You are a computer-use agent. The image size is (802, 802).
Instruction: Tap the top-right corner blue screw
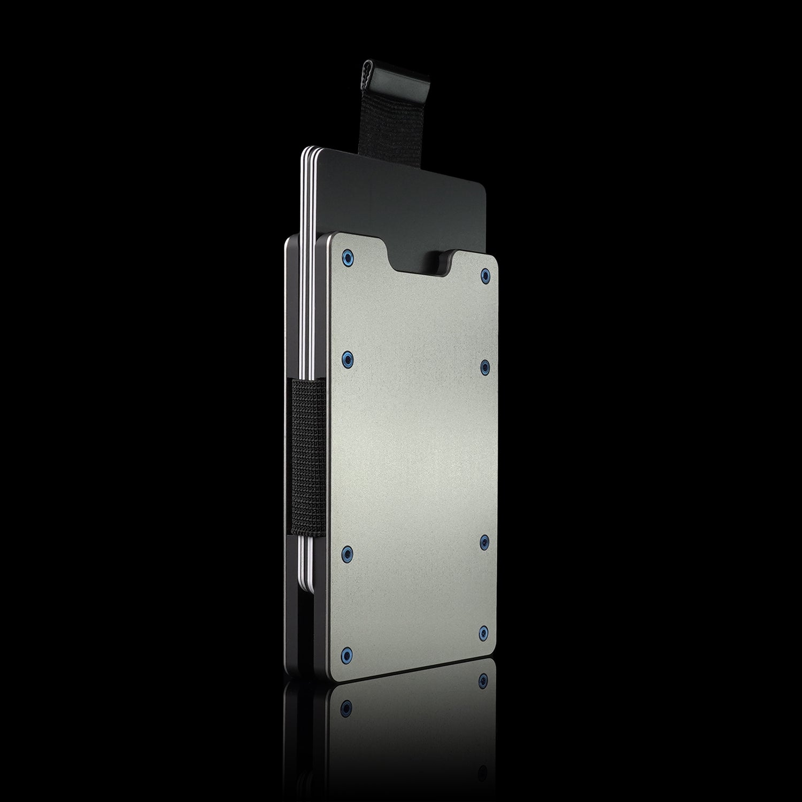pos(485,275)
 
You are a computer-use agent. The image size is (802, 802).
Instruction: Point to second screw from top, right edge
pos(485,365)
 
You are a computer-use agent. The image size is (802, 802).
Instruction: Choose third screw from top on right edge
pos(484,543)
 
